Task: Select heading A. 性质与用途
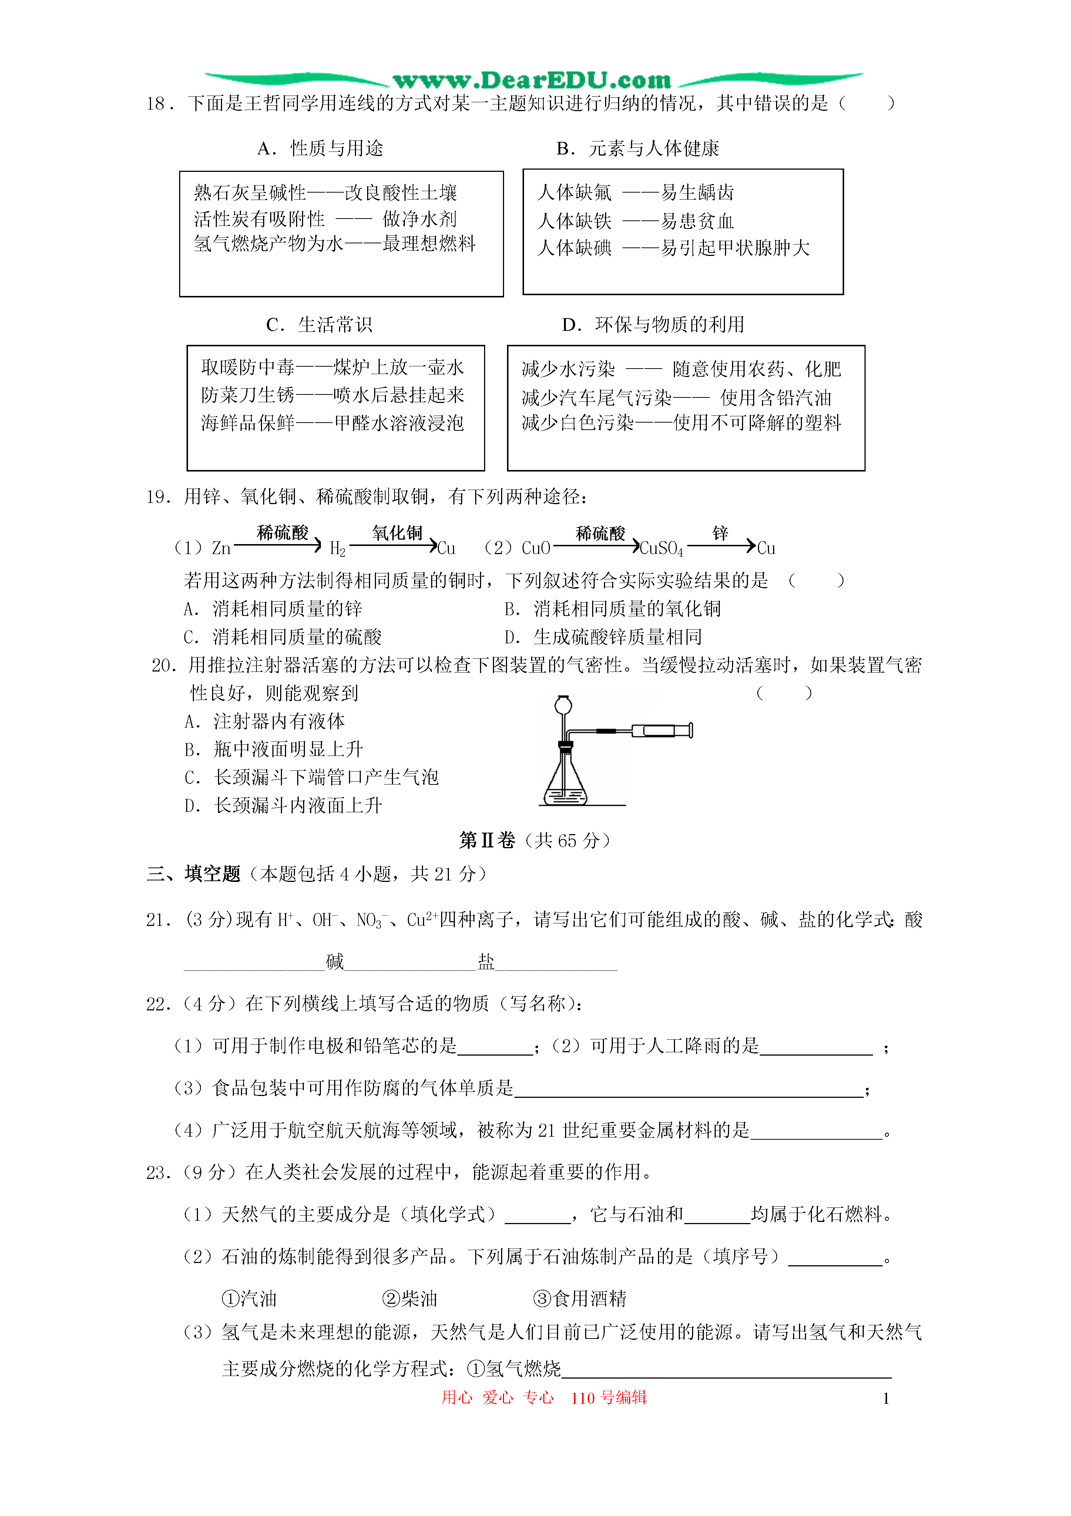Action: click(321, 149)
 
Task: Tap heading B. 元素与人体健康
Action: click(637, 149)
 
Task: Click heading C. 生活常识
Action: click(319, 325)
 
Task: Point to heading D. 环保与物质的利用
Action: click(653, 325)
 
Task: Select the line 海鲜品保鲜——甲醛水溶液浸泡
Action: click(333, 423)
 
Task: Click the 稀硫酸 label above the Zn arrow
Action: click(282, 532)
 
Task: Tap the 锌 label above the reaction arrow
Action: click(720, 532)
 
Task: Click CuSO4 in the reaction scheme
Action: click(661, 549)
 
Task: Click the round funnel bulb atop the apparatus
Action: click(563, 705)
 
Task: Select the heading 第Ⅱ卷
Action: click(487, 840)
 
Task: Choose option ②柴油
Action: click(410, 1299)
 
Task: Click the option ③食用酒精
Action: click(580, 1299)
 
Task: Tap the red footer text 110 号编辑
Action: click(608, 1398)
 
